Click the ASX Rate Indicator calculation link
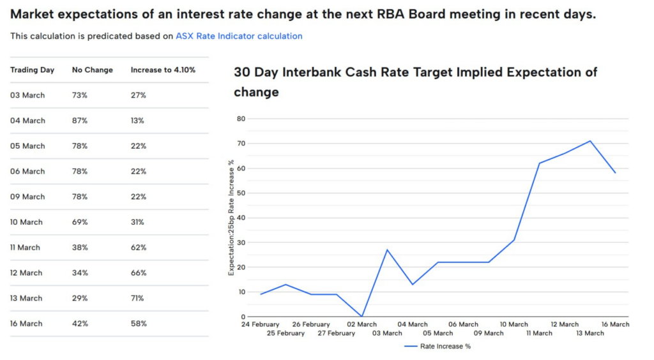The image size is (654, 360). [x=239, y=36]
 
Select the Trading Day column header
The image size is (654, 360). [x=32, y=70]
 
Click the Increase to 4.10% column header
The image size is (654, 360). [x=163, y=70]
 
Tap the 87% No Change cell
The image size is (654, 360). [x=80, y=121]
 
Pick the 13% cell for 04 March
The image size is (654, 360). [x=138, y=121]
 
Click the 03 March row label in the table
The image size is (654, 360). [x=27, y=95]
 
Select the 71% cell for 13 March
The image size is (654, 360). [x=138, y=298]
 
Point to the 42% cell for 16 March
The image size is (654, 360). [x=80, y=324]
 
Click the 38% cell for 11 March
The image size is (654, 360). [x=80, y=248]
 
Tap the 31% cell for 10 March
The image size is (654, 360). [x=138, y=222]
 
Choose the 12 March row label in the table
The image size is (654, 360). [x=27, y=273]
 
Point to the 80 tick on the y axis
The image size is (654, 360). [x=241, y=119]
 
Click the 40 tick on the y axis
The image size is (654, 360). [x=241, y=218]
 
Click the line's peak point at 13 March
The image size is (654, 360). [x=590, y=141]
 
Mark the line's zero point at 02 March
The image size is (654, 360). [x=362, y=316]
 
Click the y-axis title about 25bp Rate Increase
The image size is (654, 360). [x=231, y=218]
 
